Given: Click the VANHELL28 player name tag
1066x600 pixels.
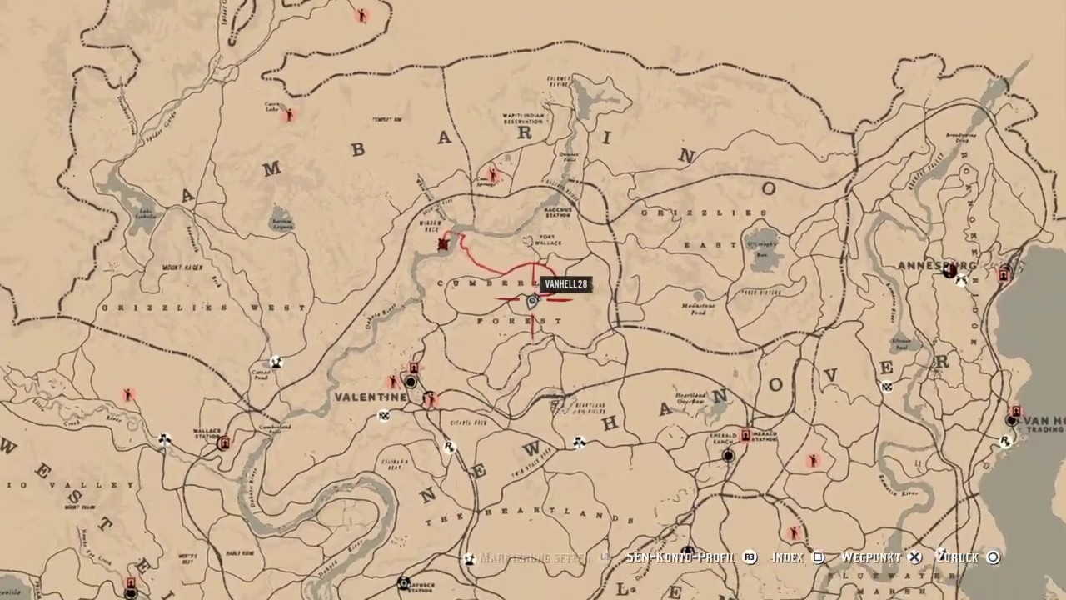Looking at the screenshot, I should [x=566, y=285].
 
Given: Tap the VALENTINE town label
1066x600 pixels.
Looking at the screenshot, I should [x=371, y=397].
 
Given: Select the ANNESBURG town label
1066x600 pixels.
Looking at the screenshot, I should [x=936, y=266].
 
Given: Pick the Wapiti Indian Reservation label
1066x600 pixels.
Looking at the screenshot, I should [x=522, y=118].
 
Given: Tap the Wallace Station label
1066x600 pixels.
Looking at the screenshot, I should [x=207, y=434].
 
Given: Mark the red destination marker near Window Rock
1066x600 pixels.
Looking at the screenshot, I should [x=444, y=244].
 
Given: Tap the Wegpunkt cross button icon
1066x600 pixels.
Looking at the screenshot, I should [x=915, y=557].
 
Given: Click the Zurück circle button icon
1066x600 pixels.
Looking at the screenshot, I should [x=993, y=557].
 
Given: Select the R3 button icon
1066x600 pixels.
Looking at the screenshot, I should [x=750, y=557].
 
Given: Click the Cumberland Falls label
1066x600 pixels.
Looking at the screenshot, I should [x=275, y=428].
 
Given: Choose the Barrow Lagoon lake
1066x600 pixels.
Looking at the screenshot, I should [x=281, y=217].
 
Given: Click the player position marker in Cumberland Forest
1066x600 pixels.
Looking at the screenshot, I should [x=533, y=302].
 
